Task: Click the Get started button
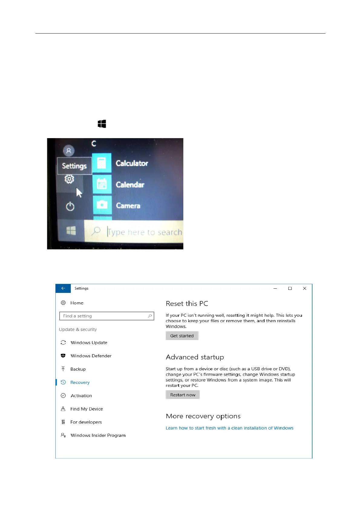(x=182, y=336)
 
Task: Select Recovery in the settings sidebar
(x=80, y=382)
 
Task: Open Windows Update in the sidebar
(x=89, y=342)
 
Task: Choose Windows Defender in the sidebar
(x=91, y=356)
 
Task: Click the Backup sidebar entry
(x=78, y=369)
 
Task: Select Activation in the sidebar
(x=81, y=396)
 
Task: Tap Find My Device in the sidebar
(x=87, y=409)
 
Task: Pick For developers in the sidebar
(x=86, y=422)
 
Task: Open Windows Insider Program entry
(x=98, y=435)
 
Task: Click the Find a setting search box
(x=106, y=316)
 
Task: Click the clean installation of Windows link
(x=229, y=428)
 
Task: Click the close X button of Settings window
(x=305, y=288)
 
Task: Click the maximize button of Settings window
(x=290, y=288)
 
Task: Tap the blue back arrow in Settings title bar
(x=63, y=288)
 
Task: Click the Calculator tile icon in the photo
(x=102, y=163)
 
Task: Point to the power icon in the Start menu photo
(x=70, y=207)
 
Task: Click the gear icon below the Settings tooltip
(x=69, y=179)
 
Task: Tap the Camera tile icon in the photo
(x=102, y=205)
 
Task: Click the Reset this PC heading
(x=187, y=303)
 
